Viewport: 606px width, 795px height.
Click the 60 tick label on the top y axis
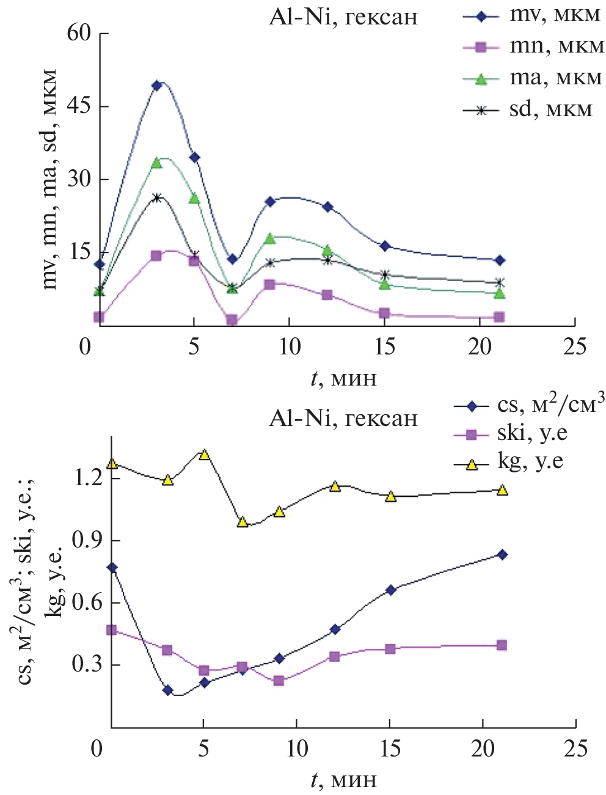[x=79, y=34]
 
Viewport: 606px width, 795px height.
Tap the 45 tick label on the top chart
[x=79, y=107]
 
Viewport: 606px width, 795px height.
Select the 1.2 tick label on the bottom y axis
[x=87, y=478]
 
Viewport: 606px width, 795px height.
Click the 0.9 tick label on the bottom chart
[x=87, y=541]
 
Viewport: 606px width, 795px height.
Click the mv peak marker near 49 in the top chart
[x=156, y=86]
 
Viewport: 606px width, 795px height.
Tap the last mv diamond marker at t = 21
[x=500, y=260]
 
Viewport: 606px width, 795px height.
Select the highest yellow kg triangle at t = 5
[x=204, y=455]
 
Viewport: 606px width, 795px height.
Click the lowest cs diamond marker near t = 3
[x=168, y=691]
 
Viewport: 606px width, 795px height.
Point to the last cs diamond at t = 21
[x=502, y=555]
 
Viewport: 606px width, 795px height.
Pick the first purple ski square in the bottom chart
[x=112, y=630]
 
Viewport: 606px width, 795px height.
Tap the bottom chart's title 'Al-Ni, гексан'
[x=343, y=419]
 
